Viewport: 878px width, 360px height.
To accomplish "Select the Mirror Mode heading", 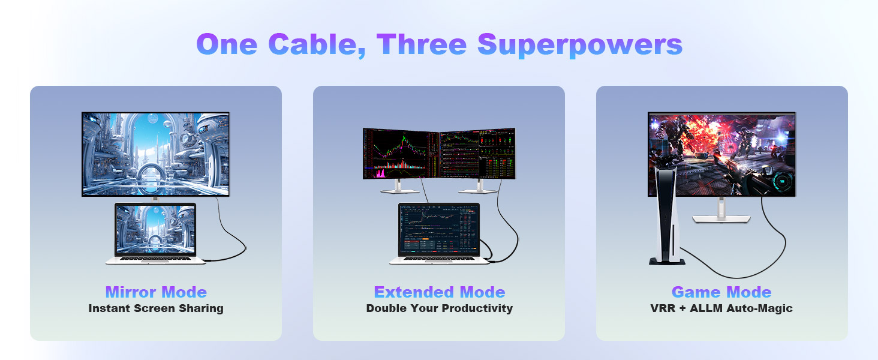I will pyautogui.click(x=156, y=292).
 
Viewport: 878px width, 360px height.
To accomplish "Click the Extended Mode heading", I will pyautogui.click(x=439, y=292).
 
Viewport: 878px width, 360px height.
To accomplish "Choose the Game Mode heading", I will pyautogui.click(x=721, y=292).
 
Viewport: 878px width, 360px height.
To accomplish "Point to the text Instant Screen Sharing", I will pyautogui.click(x=156, y=308).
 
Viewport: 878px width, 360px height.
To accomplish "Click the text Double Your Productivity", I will pyautogui.click(x=439, y=308).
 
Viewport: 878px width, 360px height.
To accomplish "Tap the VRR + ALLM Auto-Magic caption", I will pyautogui.click(x=721, y=308).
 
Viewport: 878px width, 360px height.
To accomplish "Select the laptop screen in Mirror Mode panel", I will pyautogui.click(x=155, y=229).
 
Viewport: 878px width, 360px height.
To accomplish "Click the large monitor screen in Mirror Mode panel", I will pyautogui.click(x=156, y=154).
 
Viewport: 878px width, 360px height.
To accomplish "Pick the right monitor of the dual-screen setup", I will pyautogui.click(x=477, y=154).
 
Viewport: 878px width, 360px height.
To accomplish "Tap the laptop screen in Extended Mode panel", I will pyautogui.click(x=439, y=229).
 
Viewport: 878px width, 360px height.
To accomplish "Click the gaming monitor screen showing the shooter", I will pyautogui.click(x=721, y=154).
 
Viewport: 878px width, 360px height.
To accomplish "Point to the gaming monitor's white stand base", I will pyautogui.click(x=721, y=219).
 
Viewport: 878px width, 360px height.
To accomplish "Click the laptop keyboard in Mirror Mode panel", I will pyautogui.click(x=155, y=259).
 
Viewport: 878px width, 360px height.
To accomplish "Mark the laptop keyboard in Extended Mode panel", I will pyautogui.click(x=439, y=259).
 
